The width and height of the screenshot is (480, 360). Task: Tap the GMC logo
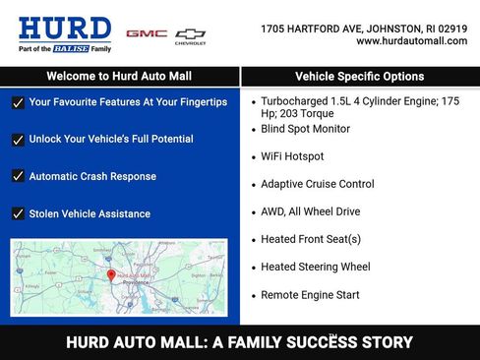click(x=146, y=33)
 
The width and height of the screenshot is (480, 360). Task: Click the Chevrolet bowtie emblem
click(x=191, y=33)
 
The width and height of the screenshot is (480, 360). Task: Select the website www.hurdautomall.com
click(x=411, y=41)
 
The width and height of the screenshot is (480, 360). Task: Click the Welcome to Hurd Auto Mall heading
click(x=119, y=76)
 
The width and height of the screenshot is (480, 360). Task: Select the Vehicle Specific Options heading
click(x=359, y=76)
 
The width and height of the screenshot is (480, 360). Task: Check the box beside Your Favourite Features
click(x=18, y=102)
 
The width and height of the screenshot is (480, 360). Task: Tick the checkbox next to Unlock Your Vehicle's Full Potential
click(x=18, y=140)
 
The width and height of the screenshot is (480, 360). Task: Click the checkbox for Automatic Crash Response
click(x=18, y=177)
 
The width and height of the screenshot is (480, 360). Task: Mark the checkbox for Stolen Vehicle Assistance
click(x=18, y=213)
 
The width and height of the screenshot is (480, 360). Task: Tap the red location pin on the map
click(x=110, y=275)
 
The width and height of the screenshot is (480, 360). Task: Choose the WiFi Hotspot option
click(x=292, y=156)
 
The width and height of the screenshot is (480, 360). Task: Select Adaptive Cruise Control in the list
click(x=317, y=184)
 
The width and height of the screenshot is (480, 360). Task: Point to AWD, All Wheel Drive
click(x=310, y=211)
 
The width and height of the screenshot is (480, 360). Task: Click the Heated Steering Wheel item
click(x=315, y=267)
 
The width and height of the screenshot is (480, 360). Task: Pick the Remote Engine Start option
click(x=310, y=295)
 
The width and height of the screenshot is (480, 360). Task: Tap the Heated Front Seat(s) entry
click(x=310, y=239)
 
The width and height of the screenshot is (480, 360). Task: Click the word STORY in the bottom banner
click(x=385, y=343)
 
